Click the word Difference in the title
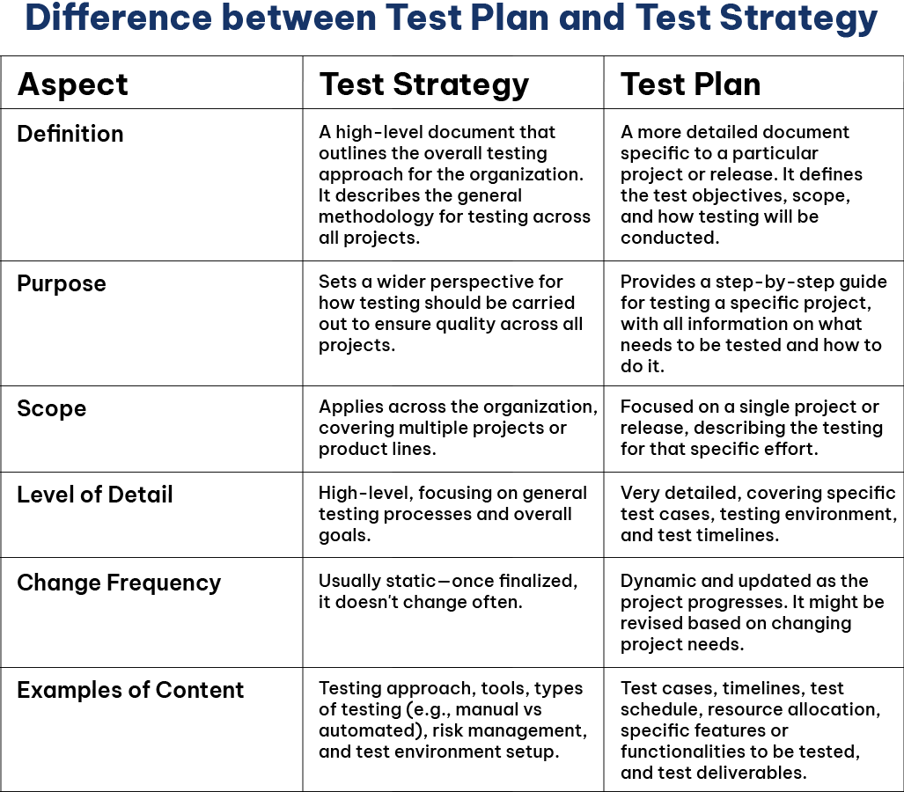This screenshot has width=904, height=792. pos(119,18)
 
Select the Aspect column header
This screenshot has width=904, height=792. pos(73,85)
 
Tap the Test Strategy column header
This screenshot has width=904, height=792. pos(423,85)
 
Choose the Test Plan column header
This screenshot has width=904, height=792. pos(690,84)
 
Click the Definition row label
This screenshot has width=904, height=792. pos(70,134)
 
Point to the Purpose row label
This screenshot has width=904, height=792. pos(62,284)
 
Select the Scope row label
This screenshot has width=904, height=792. pos(52,408)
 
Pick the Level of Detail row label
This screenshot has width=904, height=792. pos(95,495)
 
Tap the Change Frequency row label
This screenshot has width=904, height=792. pos(119,583)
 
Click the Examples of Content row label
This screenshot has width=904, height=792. pos(130,690)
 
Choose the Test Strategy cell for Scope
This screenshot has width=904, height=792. pos(453,429)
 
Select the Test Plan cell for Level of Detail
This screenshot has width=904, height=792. pos(753,515)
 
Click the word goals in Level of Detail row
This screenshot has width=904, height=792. pos(344,536)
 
